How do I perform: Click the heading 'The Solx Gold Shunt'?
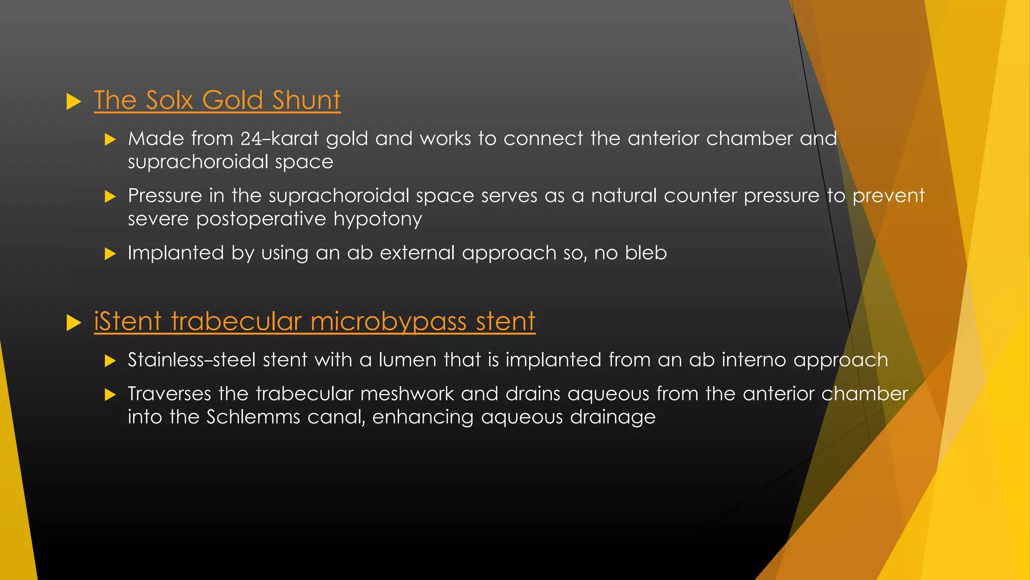pyautogui.click(x=217, y=100)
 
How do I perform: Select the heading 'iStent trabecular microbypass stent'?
pyautogui.click(x=314, y=321)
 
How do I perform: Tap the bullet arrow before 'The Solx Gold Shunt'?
pyautogui.click(x=73, y=102)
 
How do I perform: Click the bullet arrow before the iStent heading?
pyautogui.click(x=73, y=323)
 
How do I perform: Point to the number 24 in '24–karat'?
pyautogui.click(x=251, y=139)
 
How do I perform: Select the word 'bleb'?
pyautogui.click(x=645, y=253)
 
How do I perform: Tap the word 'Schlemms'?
pyautogui.click(x=253, y=417)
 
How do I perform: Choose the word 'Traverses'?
pyautogui.click(x=169, y=394)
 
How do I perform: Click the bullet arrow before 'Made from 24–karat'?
pyautogui.click(x=110, y=140)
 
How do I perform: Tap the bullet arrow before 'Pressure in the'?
pyautogui.click(x=110, y=197)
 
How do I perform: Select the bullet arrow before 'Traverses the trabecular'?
pyautogui.click(x=110, y=395)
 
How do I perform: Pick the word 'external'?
pyautogui.click(x=417, y=253)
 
